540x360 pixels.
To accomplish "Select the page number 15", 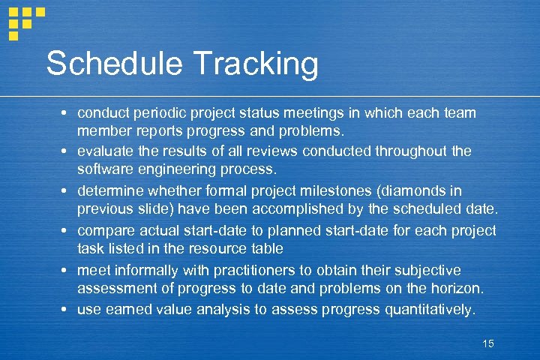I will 488,343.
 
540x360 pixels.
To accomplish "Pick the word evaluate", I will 106,151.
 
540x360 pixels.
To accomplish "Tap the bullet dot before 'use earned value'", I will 66,310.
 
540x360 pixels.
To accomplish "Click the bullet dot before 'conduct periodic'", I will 66,112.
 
